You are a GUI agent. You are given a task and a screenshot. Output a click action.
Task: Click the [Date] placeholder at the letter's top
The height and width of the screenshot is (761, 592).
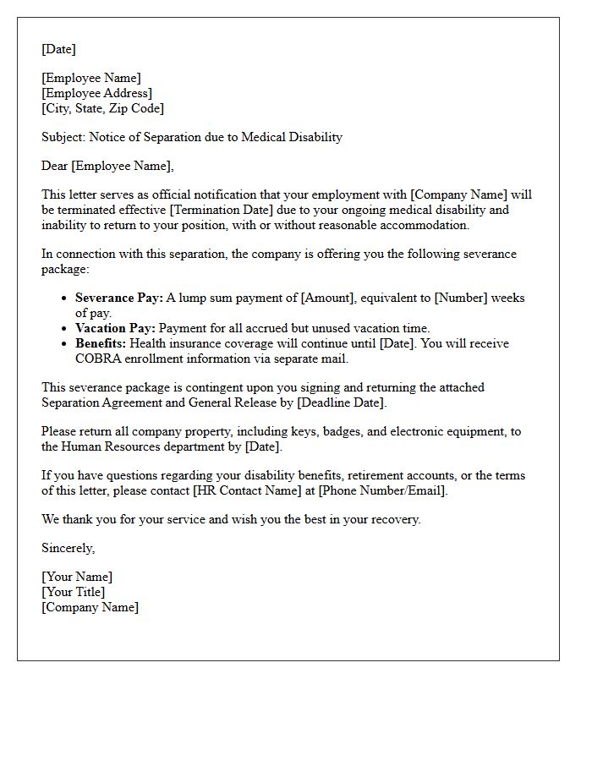click(58, 49)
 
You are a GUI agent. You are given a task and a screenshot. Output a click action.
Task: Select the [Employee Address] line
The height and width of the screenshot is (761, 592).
click(96, 93)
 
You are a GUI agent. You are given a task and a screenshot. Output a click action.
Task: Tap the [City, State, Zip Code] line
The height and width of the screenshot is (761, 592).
click(102, 108)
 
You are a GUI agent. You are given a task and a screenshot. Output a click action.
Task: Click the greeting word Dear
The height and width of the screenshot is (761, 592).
click(55, 166)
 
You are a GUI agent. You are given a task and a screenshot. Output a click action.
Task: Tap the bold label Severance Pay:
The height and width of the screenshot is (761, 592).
click(118, 298)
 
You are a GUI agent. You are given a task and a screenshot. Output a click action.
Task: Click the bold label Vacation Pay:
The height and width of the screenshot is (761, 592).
click(115, 328)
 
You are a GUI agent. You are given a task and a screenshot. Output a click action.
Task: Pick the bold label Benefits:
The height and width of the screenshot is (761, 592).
click(101, 343)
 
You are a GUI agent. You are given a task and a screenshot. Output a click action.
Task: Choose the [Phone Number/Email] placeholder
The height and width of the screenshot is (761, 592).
click(382, 490)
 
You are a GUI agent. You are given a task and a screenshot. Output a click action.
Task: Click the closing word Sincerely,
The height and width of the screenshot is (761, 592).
click(68, 548)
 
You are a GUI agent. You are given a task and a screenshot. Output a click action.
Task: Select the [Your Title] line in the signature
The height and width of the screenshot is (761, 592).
click(74, 592)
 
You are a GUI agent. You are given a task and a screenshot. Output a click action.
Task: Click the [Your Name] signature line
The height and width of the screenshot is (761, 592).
click(77, 577)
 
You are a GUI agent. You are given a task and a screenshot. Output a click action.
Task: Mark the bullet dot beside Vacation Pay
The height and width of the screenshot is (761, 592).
click(65, 328)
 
